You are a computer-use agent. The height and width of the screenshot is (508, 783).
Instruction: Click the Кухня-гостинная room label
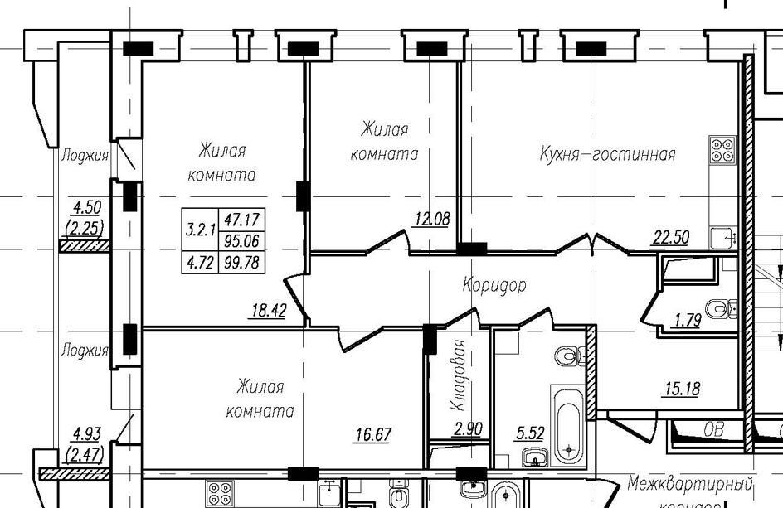[x=607, y=154]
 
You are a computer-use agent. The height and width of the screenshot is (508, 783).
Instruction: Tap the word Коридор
[x=494, y=286]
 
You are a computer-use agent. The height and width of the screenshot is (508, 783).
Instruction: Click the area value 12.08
[x=431, y=220]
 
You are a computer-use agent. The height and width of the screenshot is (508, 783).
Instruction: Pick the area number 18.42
[x=269, y=312]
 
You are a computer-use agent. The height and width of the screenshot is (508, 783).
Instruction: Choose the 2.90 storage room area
[x=469, y=429]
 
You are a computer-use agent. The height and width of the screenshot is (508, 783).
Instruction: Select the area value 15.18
[x=681, y=388]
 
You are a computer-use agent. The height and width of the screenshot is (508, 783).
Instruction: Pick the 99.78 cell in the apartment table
[x=242, y=264]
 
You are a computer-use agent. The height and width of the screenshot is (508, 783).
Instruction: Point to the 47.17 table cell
[x=242, y=220]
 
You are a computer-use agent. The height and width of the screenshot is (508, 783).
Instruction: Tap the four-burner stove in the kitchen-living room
[x=722, y=149]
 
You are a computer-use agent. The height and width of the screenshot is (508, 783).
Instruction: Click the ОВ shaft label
[x=712, y=430]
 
